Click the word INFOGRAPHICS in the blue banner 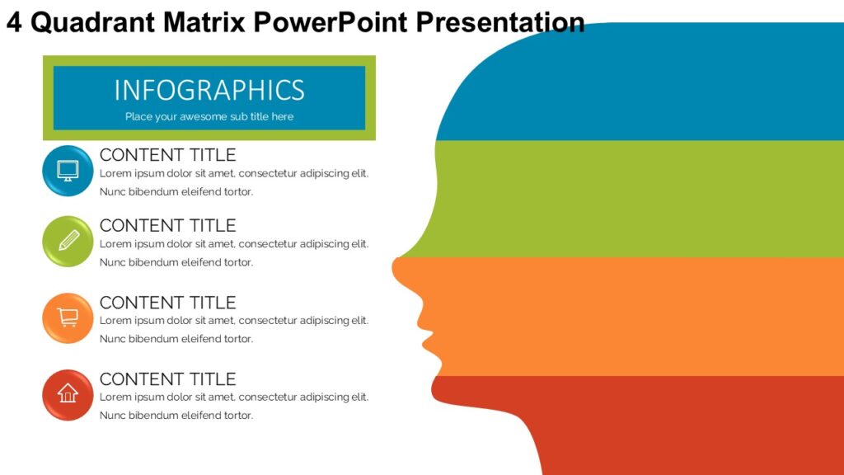(x=209, y=89)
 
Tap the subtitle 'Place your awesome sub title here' (x=209, y=116)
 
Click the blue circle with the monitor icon (x=68, y=171)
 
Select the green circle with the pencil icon (x=68, y=241)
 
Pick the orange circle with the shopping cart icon (x=68, y=317)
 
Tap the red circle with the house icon (x=68, y=394)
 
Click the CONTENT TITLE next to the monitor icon (x=167, y=155)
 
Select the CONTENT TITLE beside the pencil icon (x=167, y=225)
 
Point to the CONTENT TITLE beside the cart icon (x=167, y=302)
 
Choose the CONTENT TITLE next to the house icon (x=167, y=379)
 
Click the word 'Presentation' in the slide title (x=500, y=22)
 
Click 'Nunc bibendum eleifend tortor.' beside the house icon (x=176, y=416)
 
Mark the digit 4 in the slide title (x=14, y=22)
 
